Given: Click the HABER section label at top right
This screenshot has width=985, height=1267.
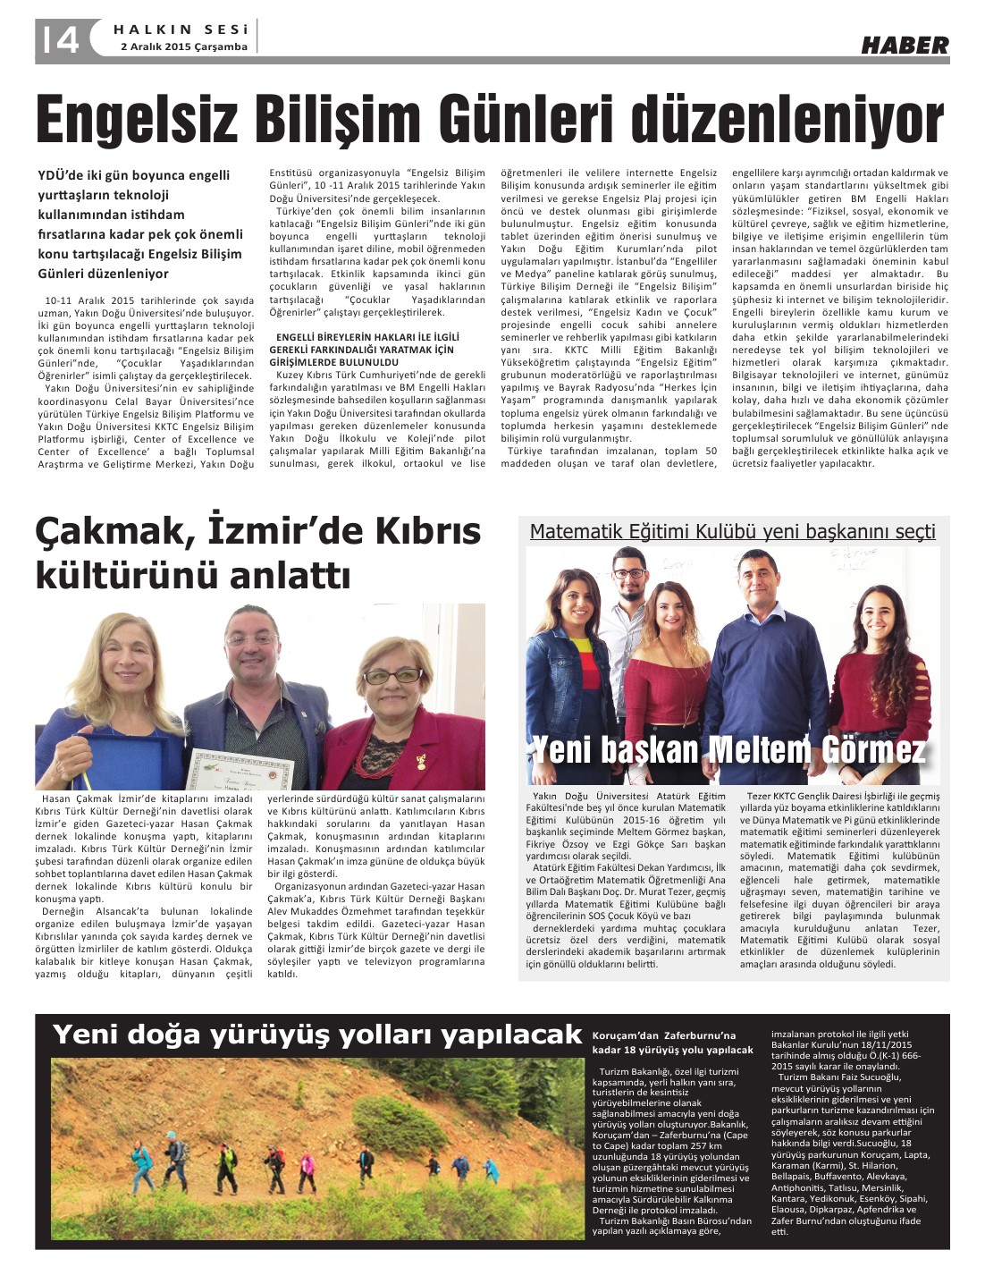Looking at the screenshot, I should (905, 45).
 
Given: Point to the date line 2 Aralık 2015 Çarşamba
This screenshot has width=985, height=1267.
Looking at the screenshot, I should (183, 47).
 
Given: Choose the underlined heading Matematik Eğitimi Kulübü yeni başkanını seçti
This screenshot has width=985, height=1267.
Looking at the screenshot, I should (732, 532).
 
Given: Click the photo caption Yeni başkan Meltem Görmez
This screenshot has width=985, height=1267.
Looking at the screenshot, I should (728, 749).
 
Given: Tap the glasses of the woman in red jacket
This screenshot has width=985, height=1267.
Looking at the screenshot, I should (391, 677).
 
